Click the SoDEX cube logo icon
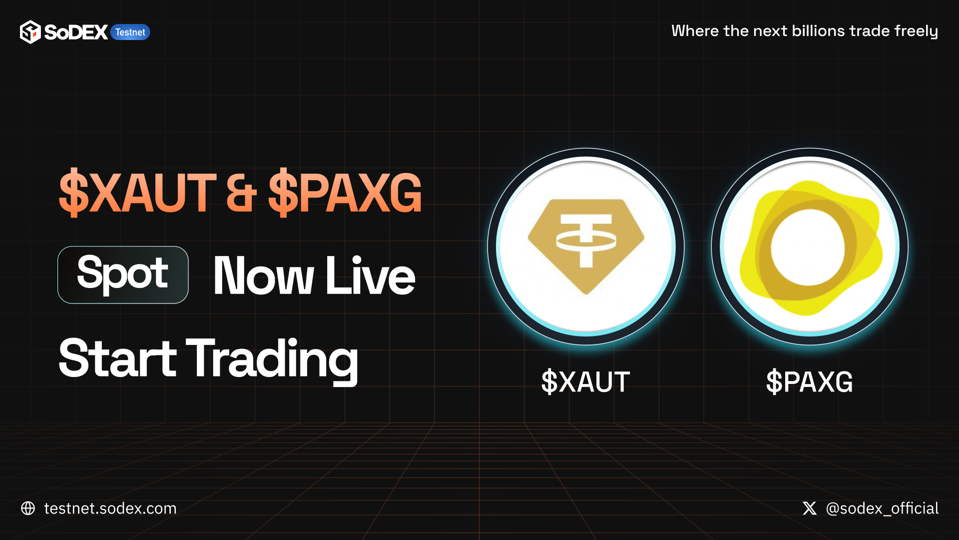30,32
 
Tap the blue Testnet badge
130,32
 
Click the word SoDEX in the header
76,32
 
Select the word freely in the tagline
916,31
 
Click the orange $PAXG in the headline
345,192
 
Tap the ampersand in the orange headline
242,193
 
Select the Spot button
123,274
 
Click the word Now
263,275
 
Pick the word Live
370,275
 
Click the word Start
117,358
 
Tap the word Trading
272,360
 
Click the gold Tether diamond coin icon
586,246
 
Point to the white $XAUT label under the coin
585,382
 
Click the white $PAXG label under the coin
810,382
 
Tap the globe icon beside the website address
28,508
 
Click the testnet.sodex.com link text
110,508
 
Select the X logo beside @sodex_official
810,508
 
